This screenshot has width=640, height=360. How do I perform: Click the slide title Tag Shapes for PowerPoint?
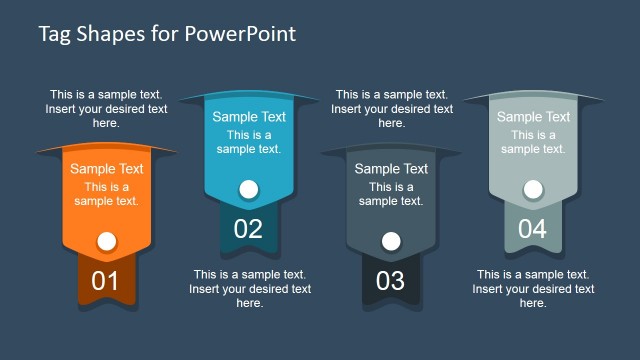[x=167, y=34]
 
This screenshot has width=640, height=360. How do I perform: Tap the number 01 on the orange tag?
[x=105, y=281]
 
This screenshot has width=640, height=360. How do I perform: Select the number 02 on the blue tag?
[x=248, y=229]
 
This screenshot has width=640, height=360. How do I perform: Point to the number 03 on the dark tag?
[x=390, y=281]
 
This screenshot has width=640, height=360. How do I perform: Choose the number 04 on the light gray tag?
[x=532, y=229]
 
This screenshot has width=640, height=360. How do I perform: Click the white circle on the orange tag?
[x=106, y=240]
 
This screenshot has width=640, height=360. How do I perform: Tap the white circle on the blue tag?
[x=248, y=187]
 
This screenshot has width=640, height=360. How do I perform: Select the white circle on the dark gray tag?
[x=391, y=240]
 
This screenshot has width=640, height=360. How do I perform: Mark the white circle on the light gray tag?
[x=533, y=187]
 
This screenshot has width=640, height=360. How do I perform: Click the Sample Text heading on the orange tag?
[x=106, y=169]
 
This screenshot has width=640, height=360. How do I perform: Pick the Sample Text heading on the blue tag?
[x=249, y=117]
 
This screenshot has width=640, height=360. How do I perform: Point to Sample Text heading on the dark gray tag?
[x=391, y=169]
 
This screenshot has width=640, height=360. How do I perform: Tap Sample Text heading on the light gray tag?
[x=533, y=117]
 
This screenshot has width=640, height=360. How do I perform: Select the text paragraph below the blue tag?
[x=249, y=288]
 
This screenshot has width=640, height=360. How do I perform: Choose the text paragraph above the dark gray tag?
[x=391, y=109]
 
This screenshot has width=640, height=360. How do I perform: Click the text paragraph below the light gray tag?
[x=533, y=288]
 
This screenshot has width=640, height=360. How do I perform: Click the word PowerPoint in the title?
[x=240, y=34]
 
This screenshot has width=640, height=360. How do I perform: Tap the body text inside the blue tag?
[x=249, y=142]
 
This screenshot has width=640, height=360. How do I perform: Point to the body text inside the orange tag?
[x=106, y=194]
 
